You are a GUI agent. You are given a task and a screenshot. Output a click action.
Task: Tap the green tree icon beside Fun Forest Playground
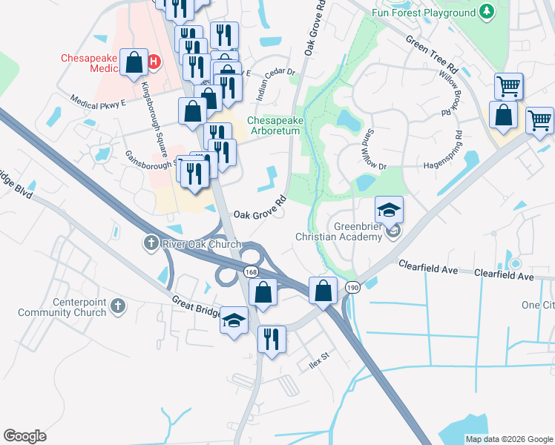[487, 12]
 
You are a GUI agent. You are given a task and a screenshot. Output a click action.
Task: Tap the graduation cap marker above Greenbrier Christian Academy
[389, 211]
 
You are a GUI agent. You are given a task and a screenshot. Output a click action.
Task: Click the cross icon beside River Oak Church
[150, 243]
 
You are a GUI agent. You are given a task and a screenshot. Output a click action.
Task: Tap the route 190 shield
[352, 286]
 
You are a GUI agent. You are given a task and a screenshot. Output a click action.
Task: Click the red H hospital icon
[154, 61]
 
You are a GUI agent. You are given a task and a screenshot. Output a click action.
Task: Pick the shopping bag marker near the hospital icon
[134, 64]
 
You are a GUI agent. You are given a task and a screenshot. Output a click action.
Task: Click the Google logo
[24, 436]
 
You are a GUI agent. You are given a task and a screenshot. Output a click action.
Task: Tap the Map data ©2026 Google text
[508, 439]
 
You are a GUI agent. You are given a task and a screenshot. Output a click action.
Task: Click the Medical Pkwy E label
[99, 101]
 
